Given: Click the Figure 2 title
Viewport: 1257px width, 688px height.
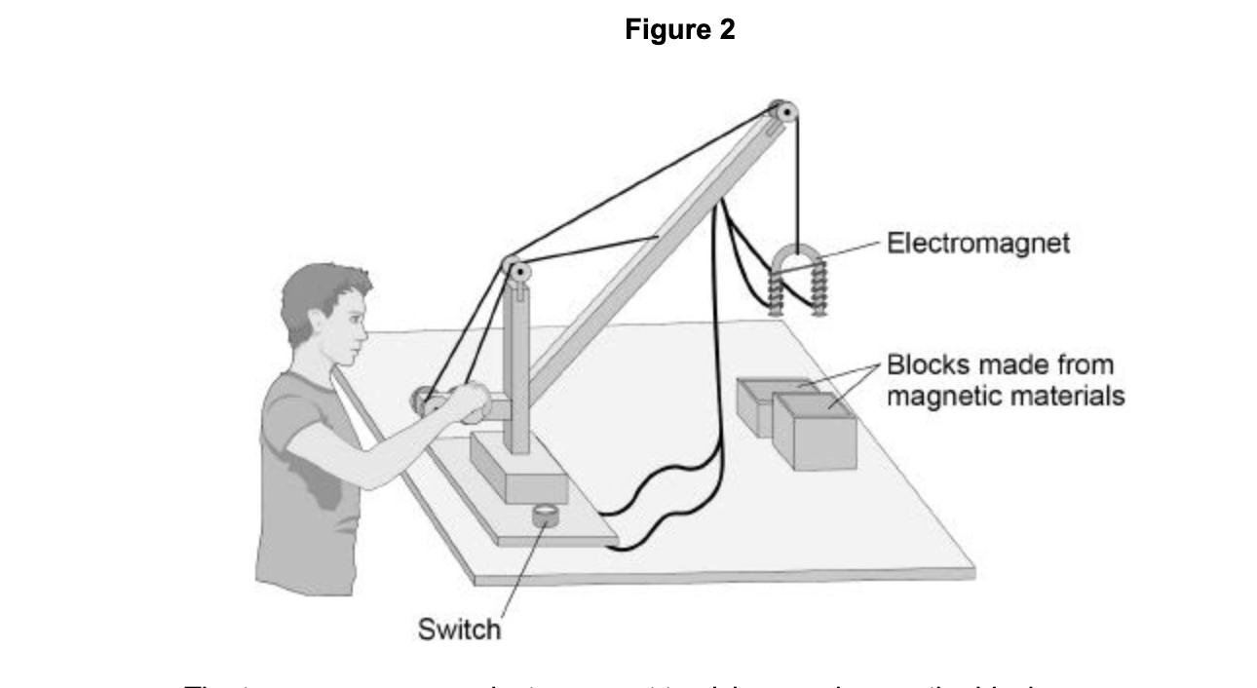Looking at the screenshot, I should pos(679,30).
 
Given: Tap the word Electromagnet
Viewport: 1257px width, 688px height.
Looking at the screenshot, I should pos(977,243).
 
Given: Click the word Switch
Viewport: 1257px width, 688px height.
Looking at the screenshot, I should pos(459,629).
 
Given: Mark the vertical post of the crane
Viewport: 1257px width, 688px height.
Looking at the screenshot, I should pos(518,370).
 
